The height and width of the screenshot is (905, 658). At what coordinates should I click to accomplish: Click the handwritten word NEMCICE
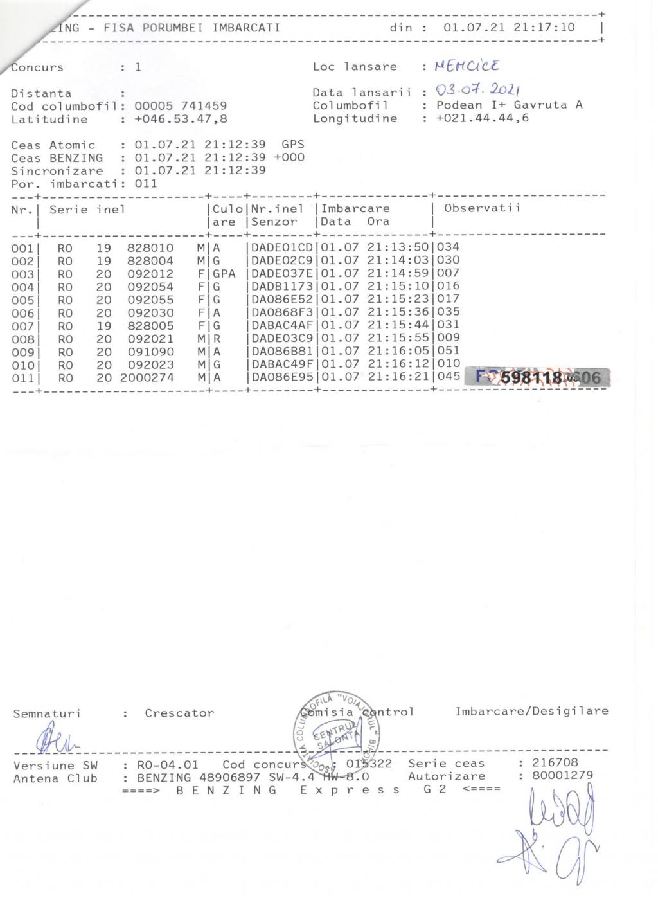tap(467, 66)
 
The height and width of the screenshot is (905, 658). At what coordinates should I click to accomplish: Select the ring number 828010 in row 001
tap(150, 247)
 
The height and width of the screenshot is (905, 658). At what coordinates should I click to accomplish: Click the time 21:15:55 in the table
tap(398, 338)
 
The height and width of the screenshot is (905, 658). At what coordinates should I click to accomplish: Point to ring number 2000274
tap(147, 377)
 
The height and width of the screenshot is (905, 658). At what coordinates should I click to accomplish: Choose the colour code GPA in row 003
tap(224, 273)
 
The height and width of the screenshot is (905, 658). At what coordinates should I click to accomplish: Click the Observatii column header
tap(482, 208)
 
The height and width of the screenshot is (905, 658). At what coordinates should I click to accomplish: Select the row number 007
tap(22, 326)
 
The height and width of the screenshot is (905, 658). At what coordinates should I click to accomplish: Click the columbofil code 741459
tap(204, 106)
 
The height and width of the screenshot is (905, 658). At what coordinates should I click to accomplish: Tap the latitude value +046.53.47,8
tap(181, 119)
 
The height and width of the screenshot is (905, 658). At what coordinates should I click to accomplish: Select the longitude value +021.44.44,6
tap(482, 118)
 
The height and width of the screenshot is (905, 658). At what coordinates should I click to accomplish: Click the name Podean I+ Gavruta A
tap(509, 105)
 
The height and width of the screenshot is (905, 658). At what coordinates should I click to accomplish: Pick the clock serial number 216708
tap(555, 762)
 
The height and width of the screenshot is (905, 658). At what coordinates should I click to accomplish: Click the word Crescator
tap(179, 712)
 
